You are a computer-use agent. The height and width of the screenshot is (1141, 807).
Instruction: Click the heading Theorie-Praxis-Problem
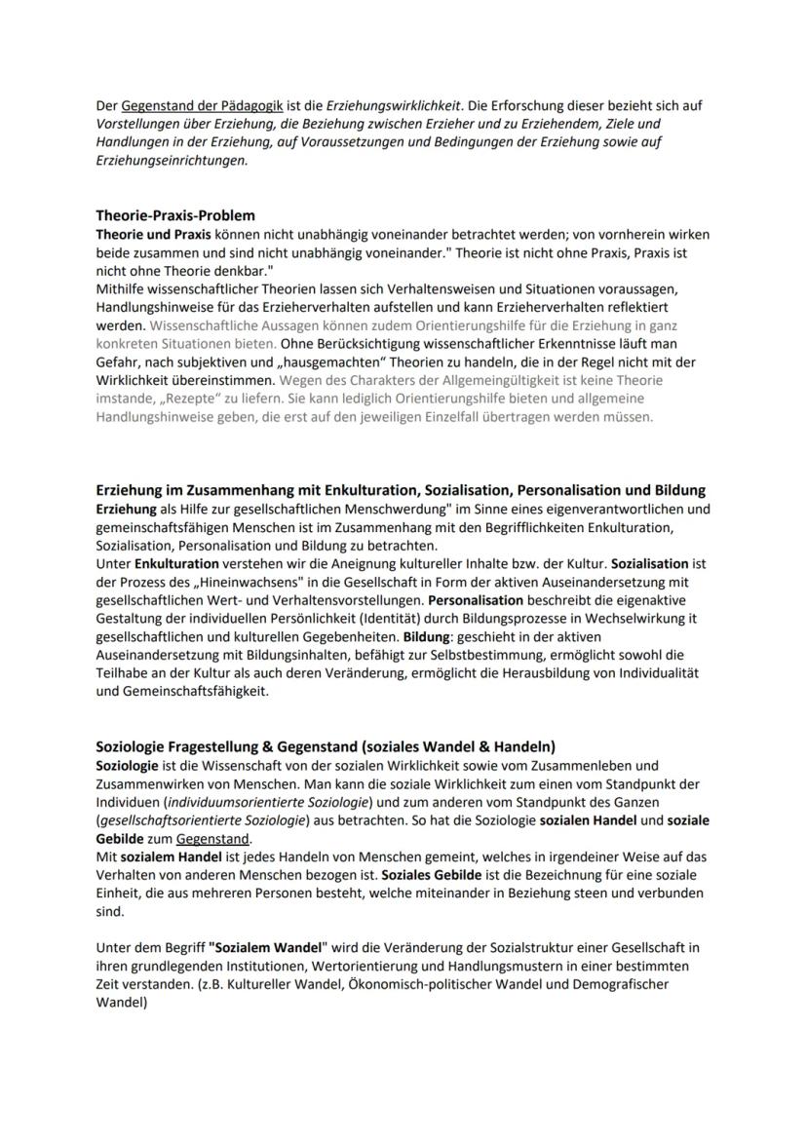[175, 215]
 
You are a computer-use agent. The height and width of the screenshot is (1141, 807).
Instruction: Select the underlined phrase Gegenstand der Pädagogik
[183, 105]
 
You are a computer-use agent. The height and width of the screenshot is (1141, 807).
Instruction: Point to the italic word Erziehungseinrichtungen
[172, 161]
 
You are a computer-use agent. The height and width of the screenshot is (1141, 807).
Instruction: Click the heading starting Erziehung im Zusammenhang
[401, 490]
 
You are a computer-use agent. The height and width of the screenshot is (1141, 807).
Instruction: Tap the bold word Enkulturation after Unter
[176, 564]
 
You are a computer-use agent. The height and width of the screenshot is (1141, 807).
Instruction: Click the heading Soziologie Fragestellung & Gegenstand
[325, 746]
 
